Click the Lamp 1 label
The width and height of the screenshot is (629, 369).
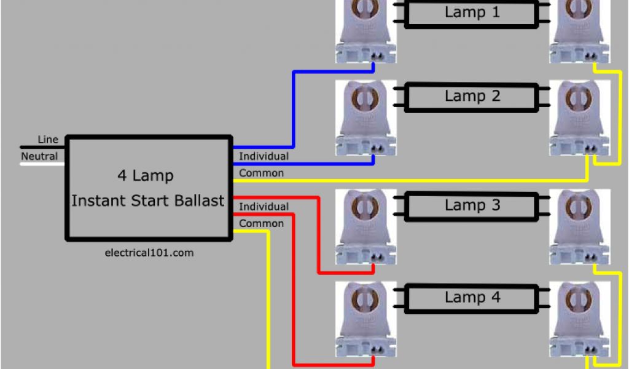(x=472, y=12)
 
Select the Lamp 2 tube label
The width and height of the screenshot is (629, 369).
(x=472, y=97)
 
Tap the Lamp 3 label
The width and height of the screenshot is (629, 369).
(x=472, y=205)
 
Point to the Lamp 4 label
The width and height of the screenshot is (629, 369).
(x=472, y=298)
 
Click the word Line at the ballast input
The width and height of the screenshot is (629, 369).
(x=48, y=140)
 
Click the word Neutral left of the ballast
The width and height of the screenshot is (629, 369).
(x=39, y=156)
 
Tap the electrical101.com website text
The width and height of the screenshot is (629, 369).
(x=149, y=252)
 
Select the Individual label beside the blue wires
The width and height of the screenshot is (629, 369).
(x=264, y=156)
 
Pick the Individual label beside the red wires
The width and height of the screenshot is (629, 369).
(x=264, y=207)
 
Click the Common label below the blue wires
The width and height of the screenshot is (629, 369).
(x=261, y=173)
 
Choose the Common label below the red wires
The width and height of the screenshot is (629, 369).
(x=261, y=223)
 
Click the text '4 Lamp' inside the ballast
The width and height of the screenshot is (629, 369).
(x=146, y=176)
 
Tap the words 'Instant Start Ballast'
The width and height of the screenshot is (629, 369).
(x=147, y=200)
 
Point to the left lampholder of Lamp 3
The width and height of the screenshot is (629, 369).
(x=365, y=228)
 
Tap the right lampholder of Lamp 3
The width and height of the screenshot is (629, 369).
(x=580, y=228)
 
